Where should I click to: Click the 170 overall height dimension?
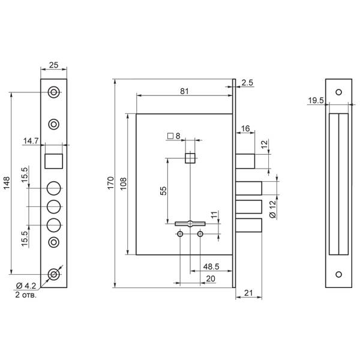(109, 184)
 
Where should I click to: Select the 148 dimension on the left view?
(7, 184)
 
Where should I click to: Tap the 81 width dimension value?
(184, 91)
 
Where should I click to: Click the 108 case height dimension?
(124, 182)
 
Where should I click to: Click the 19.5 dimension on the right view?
(315, 101)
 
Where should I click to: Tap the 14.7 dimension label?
(49, 140)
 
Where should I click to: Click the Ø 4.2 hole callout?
(24, 286)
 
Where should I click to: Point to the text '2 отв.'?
(24, 295)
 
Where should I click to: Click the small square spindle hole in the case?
(190, 158)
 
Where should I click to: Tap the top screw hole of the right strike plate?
(338, 92)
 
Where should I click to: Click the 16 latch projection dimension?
(246, 128)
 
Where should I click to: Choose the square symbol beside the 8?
(171, 136)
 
